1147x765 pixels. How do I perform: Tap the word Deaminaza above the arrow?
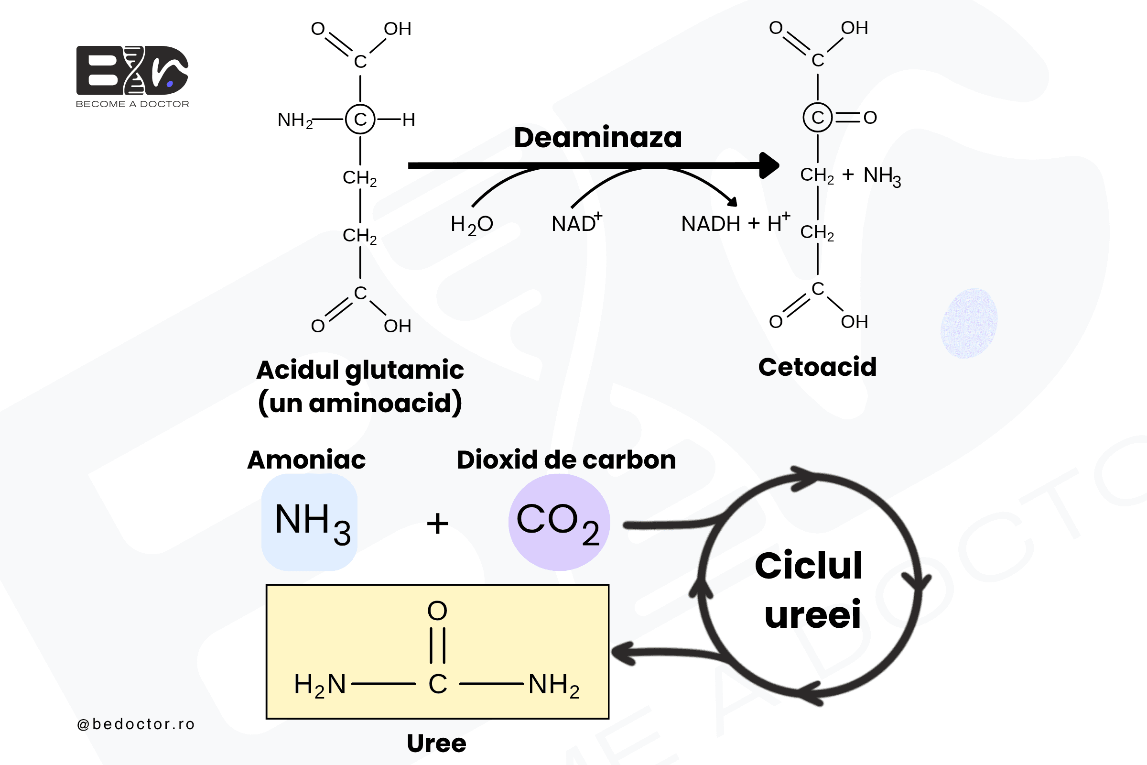point(598,138)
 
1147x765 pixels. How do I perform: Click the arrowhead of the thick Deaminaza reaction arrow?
point(769,165)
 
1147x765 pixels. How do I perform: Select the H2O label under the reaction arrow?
point(472,225)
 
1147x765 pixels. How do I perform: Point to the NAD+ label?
point(577,223)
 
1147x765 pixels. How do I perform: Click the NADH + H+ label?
point(736,223)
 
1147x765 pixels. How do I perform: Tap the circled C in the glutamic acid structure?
point(360,119)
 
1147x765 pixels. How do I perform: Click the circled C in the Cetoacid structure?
point(817,118)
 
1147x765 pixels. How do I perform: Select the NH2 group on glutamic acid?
point(295,120)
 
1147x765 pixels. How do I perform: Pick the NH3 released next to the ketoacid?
point(882,175)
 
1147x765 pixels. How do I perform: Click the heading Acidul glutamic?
point(360,370)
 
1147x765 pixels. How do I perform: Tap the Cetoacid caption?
point(817,367)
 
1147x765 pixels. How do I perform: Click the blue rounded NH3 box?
point(309,522)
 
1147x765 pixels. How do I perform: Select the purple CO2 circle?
point(559,522)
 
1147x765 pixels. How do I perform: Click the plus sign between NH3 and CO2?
point(437,524)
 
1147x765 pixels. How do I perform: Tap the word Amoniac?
point(306,459)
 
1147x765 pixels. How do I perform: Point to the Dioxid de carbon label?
point(566,459)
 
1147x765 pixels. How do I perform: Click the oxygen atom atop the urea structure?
point(437,611)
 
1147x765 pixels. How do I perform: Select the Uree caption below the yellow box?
point(436,743)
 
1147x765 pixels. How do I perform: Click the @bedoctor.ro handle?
point(136,724)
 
